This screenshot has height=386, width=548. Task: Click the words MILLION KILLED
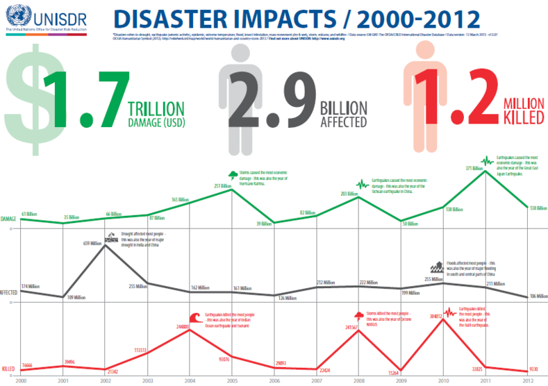pyautogui.click(x=522, y=110)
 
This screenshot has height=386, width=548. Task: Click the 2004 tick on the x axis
pyautogui.click(x=190, y=381)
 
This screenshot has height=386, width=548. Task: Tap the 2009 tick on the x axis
pyautogui.click(x=401, y=381)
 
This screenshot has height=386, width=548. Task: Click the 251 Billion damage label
pyautogui.click(x=222, y=186)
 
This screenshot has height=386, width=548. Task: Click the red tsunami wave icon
pyautogui.click(x=194, y=317)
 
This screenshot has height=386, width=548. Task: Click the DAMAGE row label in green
pyautogui.click(x=8, y=219)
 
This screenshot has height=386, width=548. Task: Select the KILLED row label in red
pyautogui.click(x=8, y=369)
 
